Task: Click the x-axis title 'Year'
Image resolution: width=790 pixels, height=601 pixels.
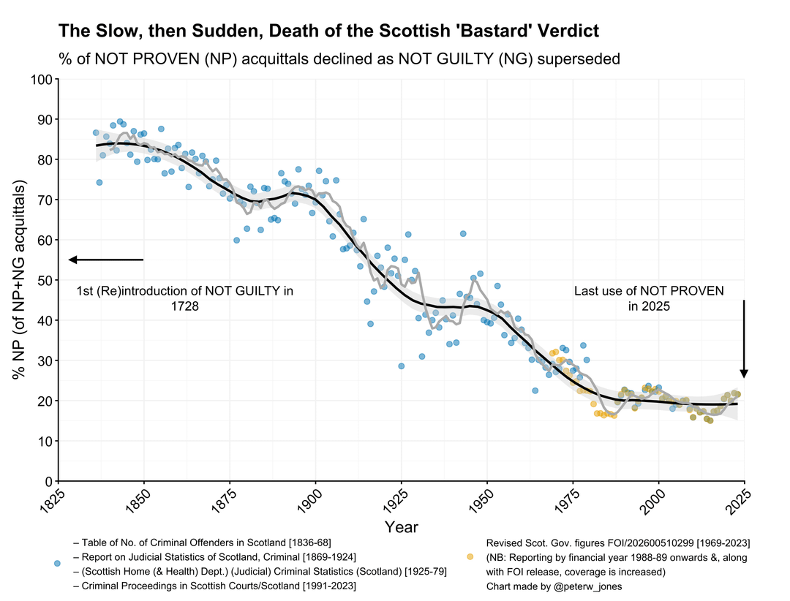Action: tap(401, 527)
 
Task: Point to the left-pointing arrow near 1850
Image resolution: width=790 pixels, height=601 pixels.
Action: tap(105, 260)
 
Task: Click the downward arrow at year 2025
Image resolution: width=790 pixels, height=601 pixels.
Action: tap(744, 339)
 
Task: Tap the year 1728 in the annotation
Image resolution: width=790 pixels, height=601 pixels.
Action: tap(185, 306)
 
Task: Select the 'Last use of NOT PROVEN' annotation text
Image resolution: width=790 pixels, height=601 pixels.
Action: tap(649, 291)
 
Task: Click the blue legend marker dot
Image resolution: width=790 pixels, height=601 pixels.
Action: tap(57, 564)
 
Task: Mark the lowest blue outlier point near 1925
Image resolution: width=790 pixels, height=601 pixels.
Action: tap(401, 366)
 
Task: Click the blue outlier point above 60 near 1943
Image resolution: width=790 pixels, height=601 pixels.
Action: tap(463, 233)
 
